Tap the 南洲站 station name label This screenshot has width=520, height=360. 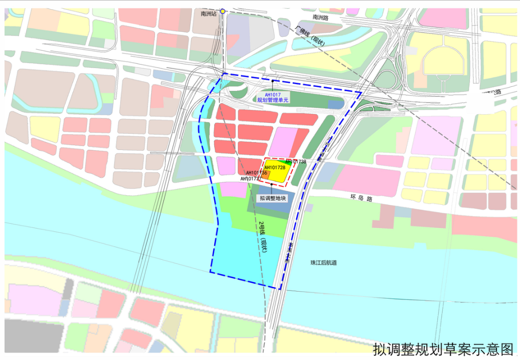coord(209,14)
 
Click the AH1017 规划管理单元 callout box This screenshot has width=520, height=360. coord(273,97)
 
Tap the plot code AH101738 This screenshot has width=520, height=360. coord(296,162)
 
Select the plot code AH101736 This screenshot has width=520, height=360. coord(256,173)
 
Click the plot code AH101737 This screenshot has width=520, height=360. coord(251,178)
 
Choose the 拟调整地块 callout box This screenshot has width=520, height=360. coord(273,198)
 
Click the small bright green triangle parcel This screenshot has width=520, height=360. coord(288,163)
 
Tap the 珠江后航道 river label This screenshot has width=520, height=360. coord(324,263)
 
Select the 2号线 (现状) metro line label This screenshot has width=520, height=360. coord(262,237)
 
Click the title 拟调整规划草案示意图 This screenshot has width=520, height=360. coord(443,348)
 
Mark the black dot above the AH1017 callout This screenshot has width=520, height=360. coord(273,80)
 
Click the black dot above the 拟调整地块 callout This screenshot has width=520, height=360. coord(272,185)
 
